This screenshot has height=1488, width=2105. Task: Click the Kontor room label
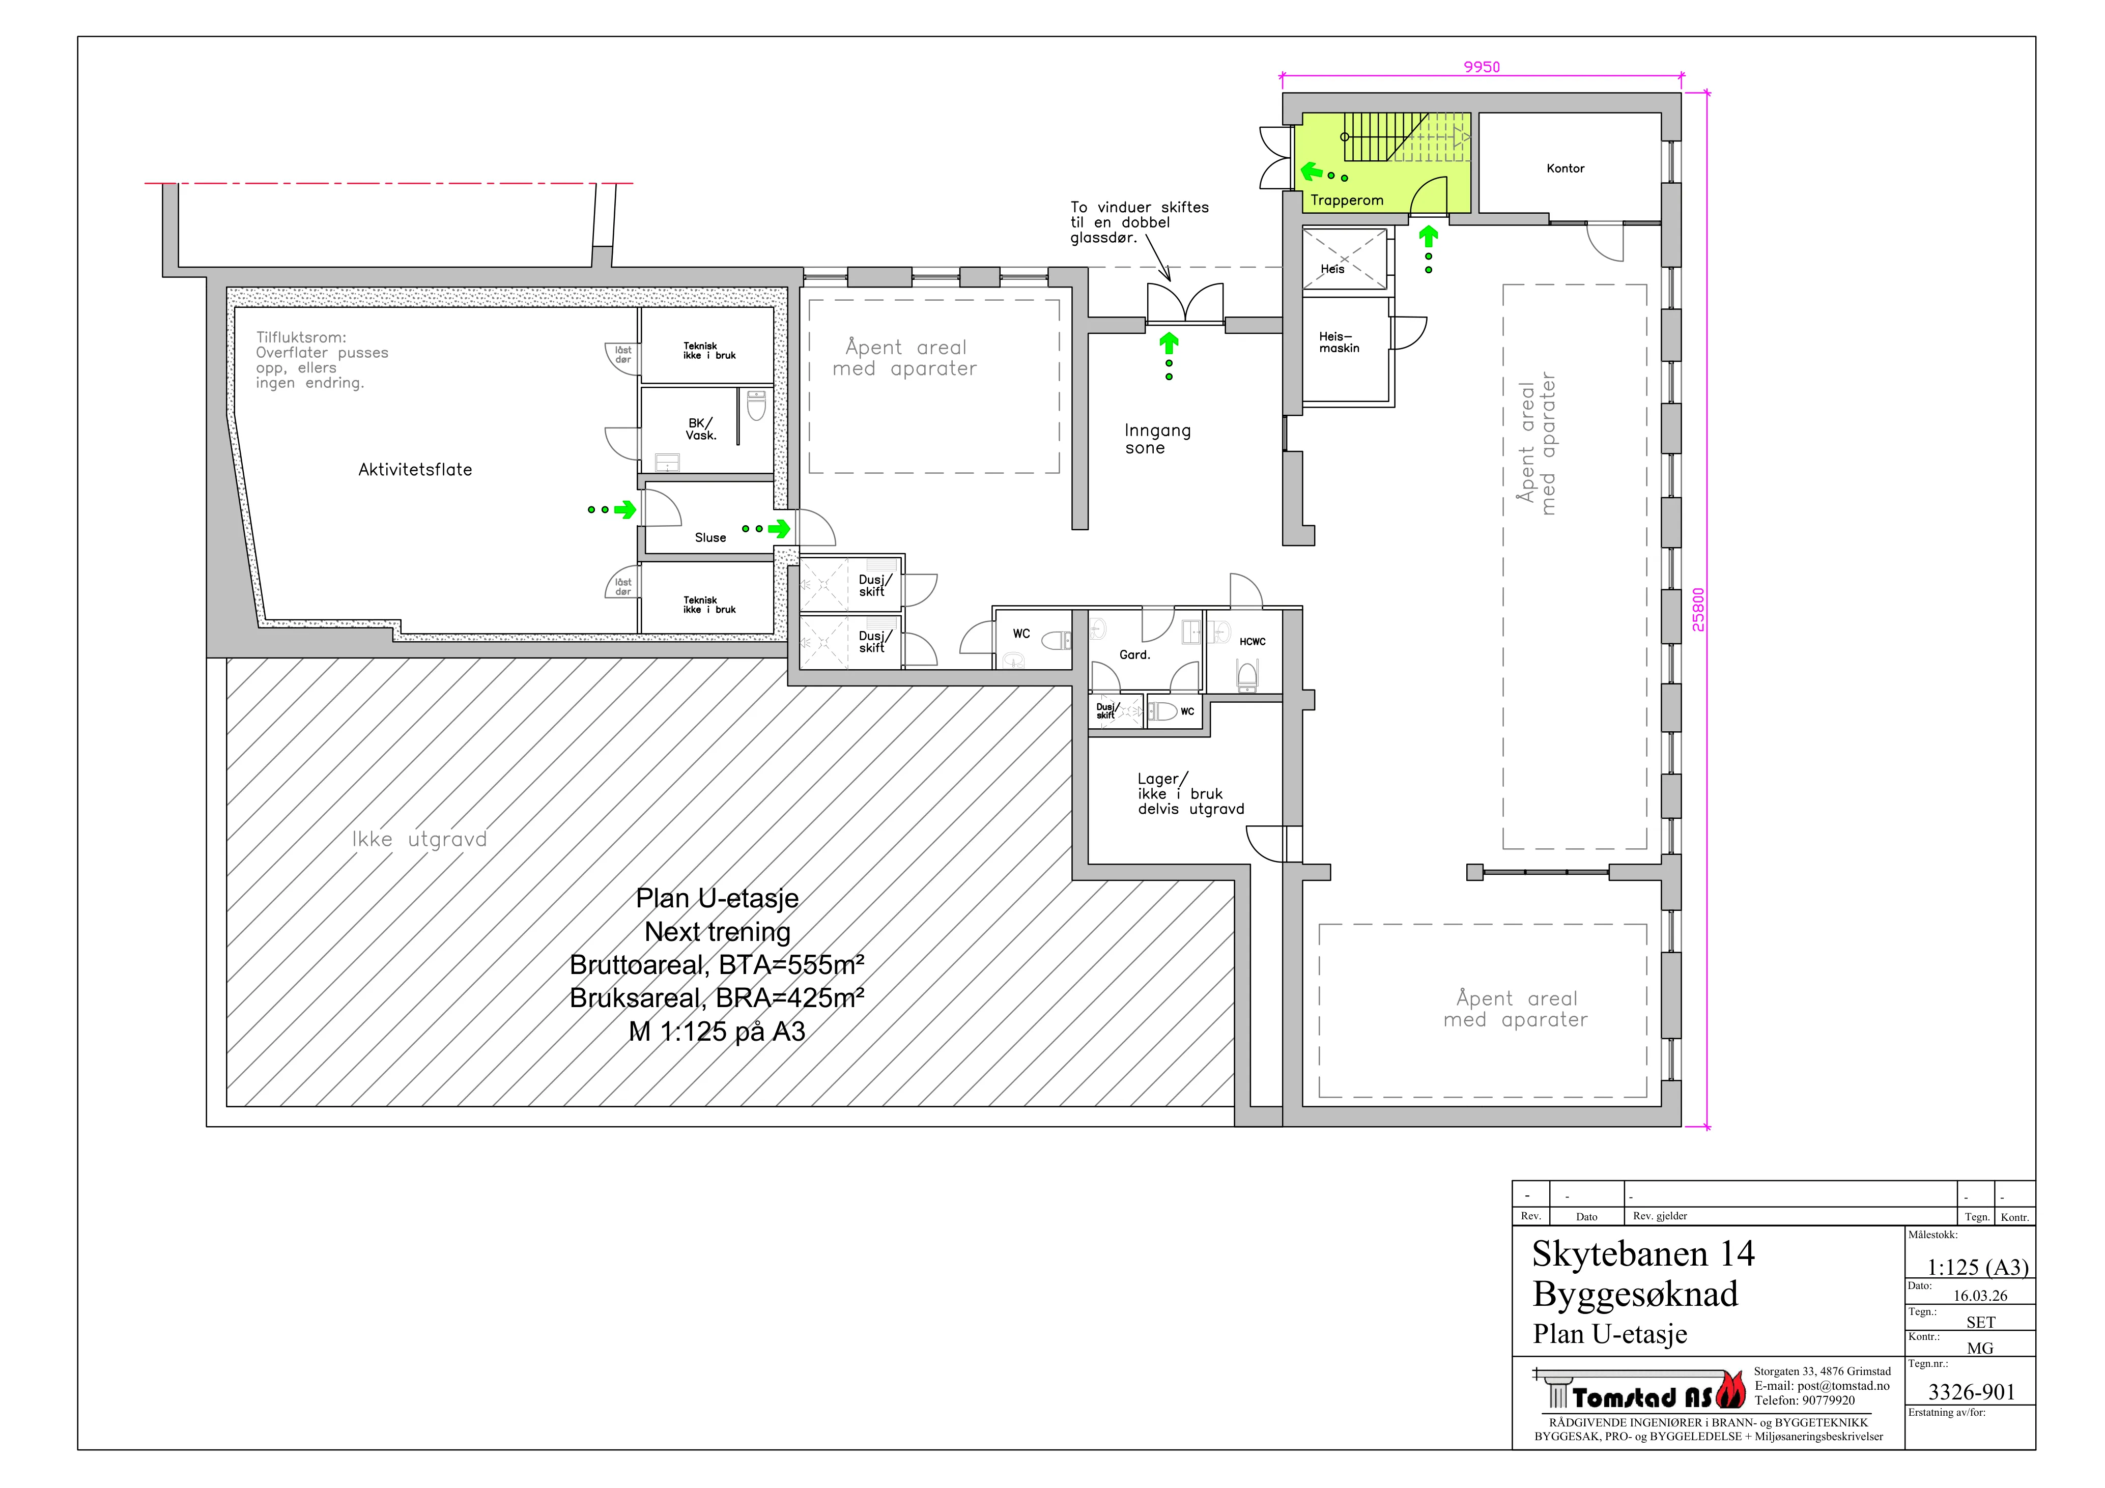pyautogui.click(x=1565, y=168)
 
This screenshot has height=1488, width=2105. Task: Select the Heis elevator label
pyautogui.click(x=1332, y=269)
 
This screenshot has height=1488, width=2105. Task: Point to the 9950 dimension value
pyautogui.click(x=1482, y=67)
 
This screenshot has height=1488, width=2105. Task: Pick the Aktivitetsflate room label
pyautogui.click(x=415, y=469)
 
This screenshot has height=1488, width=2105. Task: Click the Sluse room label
pyautogui.click(x=710, y=537)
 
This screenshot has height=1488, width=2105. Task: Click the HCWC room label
pyautogui.click(x=1253, y=642)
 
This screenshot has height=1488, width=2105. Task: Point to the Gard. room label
pyautogui.click(x=1134, y=654)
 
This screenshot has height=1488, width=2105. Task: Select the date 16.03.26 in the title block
pyautogui.click(x=1980, y=1296)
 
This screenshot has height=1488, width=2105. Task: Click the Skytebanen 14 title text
pyautogui.click(x=1643, y=1253)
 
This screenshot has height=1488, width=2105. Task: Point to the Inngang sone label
pyautogui.click(x=1157, y=439)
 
